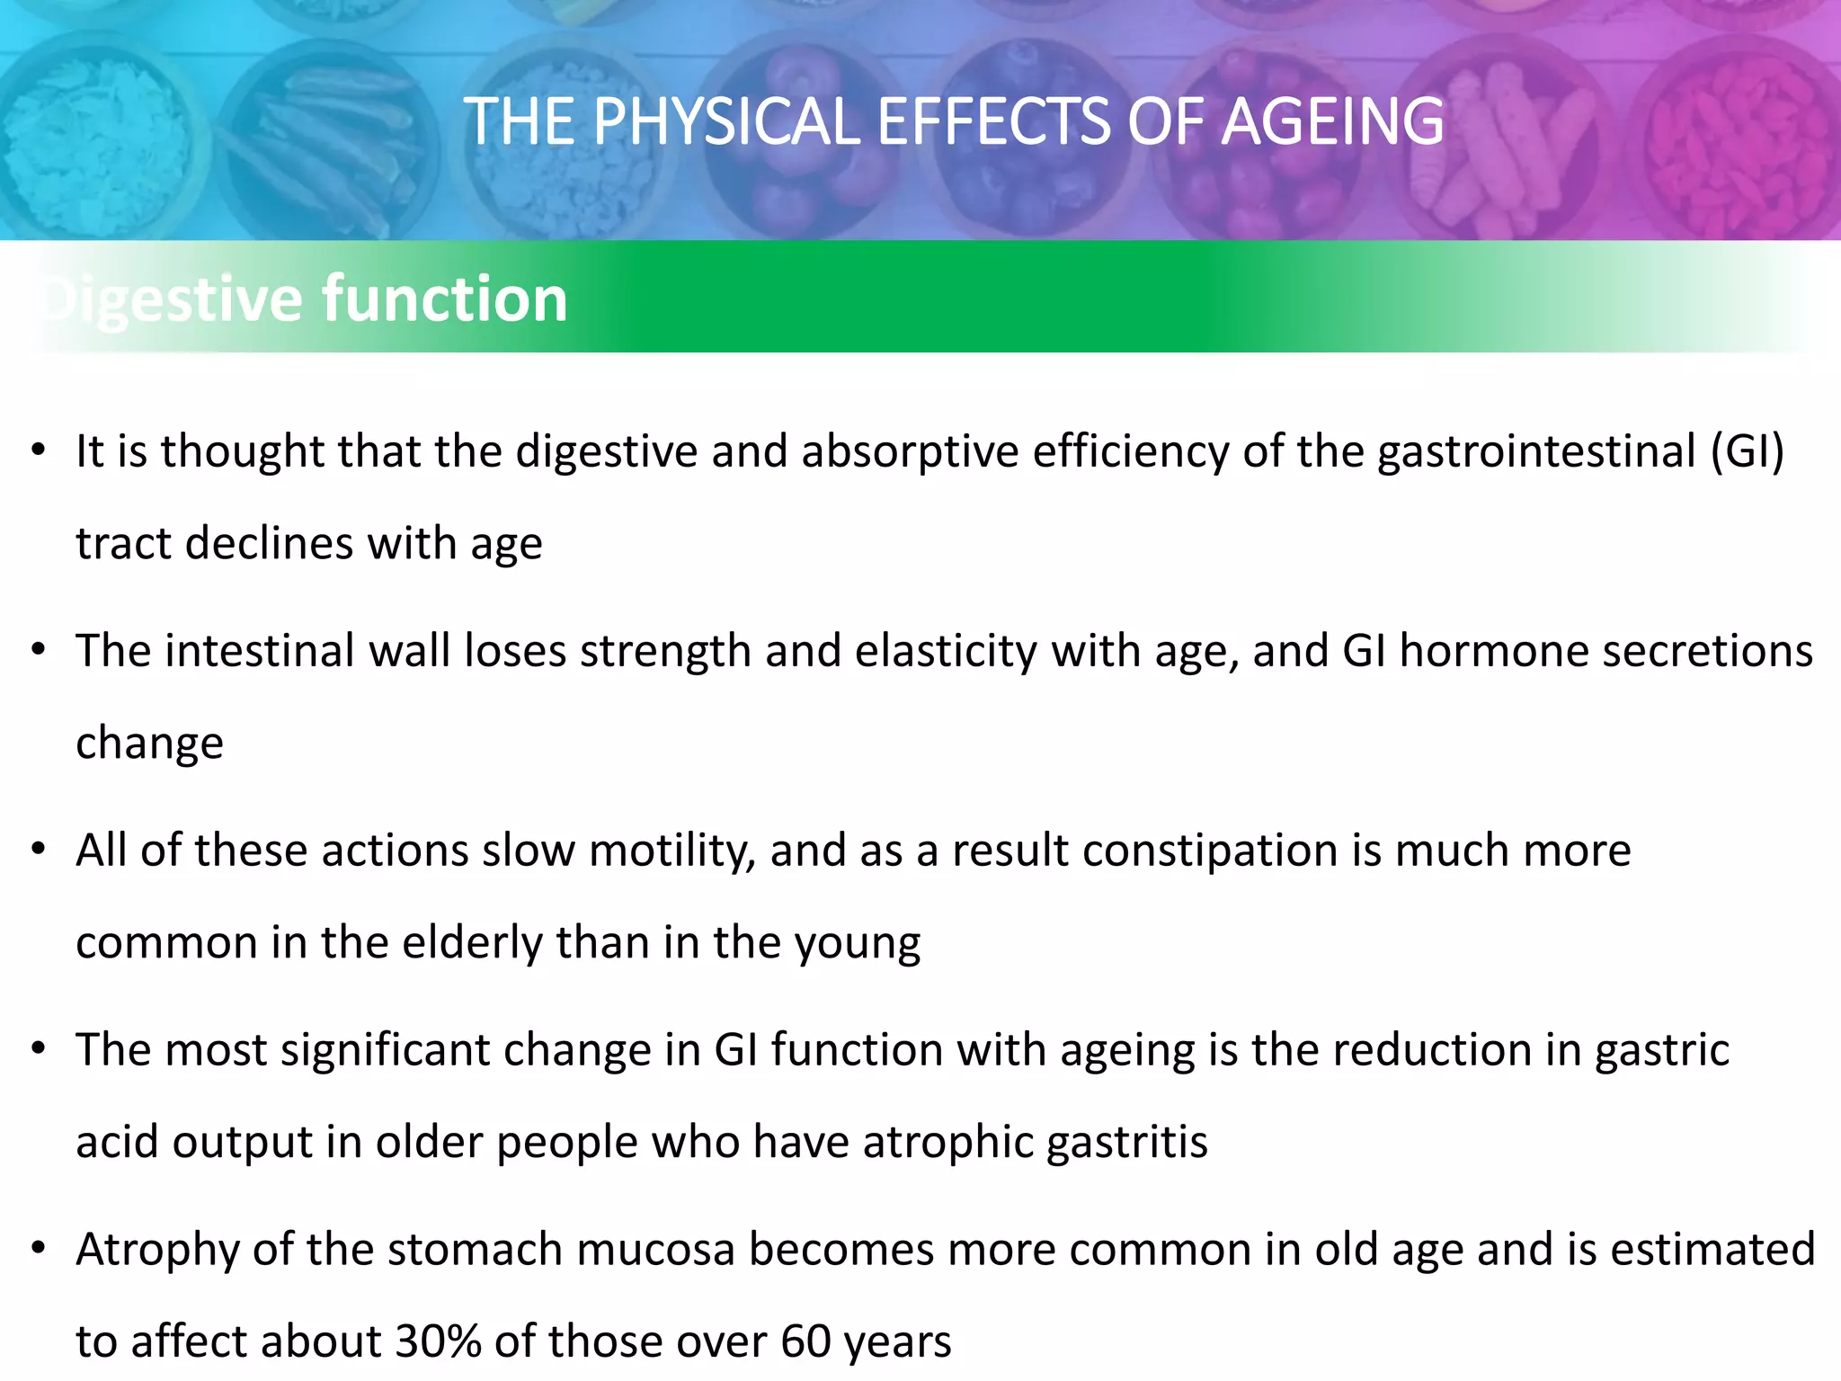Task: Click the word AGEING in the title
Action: coord(1332,122)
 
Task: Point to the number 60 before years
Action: coord(805,1341)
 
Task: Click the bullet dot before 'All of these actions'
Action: coord(38,850)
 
